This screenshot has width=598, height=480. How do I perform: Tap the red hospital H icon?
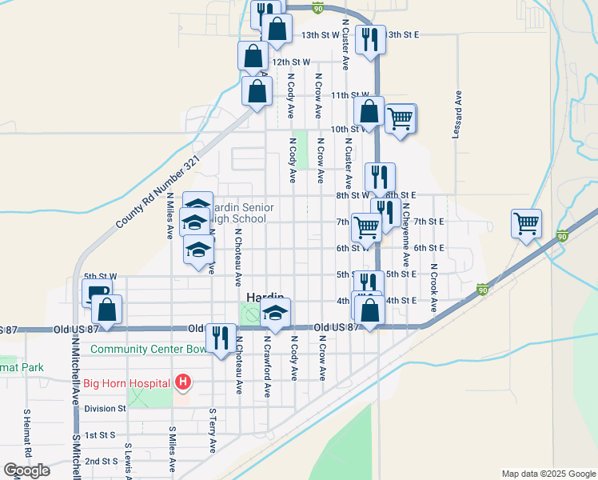[x=183, y=382]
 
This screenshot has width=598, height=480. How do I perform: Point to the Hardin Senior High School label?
[x=245, y=213]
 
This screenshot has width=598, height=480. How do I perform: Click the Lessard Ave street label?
[x=458, y=114]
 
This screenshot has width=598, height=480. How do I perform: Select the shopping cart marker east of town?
[x=527, y=223]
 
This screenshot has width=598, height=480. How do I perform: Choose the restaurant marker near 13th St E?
[x=370, y=37]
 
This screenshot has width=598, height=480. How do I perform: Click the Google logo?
[x=26, y=471]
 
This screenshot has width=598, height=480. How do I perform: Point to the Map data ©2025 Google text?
[x=548, y=474]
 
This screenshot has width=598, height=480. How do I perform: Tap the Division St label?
[x=105, y=408]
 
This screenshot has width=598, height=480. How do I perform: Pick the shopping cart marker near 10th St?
[x=401, y=118]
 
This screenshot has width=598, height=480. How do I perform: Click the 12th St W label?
[x=290, y=62]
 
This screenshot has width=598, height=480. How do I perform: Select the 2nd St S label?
[x=102, y=461]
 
